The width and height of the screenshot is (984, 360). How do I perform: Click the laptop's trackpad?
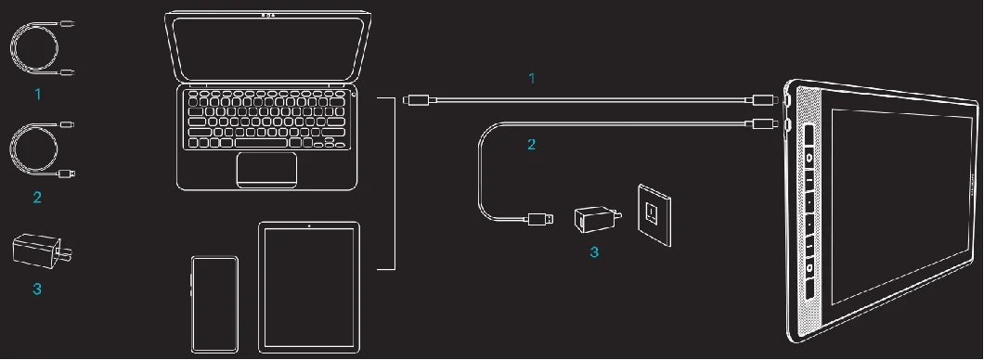pyautogui.click(x=266, y=170)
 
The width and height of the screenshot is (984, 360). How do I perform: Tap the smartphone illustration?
pyautogui.click(x=214, y=304)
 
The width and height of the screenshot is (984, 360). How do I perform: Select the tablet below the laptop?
pyautogui.click(x=309, y=288)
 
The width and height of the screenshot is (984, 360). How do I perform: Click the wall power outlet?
pyautogui.click(x=654, y=214)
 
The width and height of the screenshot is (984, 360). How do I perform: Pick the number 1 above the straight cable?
pyautogui.click(x=532, y=79)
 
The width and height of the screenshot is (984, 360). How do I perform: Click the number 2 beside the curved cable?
pyautogui.click(x=532, y=144)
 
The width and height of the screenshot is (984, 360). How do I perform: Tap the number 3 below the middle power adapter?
pyautogui.click(x=594, y=252)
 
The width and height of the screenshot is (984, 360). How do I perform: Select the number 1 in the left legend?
pyautogui.click(x=38, y=94)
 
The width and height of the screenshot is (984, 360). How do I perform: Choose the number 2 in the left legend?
pyautogui.click(x=37, y=198)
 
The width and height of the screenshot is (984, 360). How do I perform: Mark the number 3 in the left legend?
pyautogui.click(x=37, y=289)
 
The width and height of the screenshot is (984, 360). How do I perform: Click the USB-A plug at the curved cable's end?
pyautogui.click(x=540, y=220)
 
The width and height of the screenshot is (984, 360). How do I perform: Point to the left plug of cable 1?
pyautogui.click(x=418, y=99)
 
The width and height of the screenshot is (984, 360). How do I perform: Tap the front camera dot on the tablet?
pyautogui.click(x=309, y=225)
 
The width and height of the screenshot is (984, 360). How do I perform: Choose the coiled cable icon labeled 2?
pyautogui.click(x=43, y=150)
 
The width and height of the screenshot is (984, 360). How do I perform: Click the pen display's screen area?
pyautogui.click(x=900, y=207)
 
